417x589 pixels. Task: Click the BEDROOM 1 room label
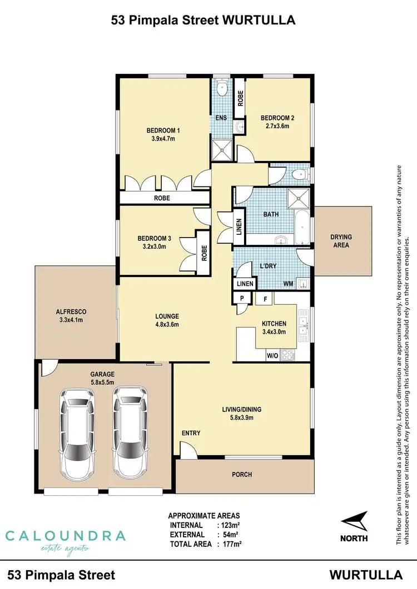click(x=163, y=131)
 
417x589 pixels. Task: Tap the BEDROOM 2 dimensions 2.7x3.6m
click(x=277, y=126)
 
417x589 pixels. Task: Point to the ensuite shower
click(x=221, y=148)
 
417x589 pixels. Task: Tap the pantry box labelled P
click(x=242, y=298)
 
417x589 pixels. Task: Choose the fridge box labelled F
click(x=265, y=298)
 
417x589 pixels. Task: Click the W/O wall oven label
click(x=272, y=355)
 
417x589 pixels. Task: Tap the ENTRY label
click(x=191, y=433)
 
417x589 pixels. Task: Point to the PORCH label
click(x=242, y=475)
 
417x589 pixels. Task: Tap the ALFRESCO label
click(x=69, y=312)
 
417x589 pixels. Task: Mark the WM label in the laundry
click(x=288, y=284)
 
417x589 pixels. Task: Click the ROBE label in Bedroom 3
click(x=204, y=253)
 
